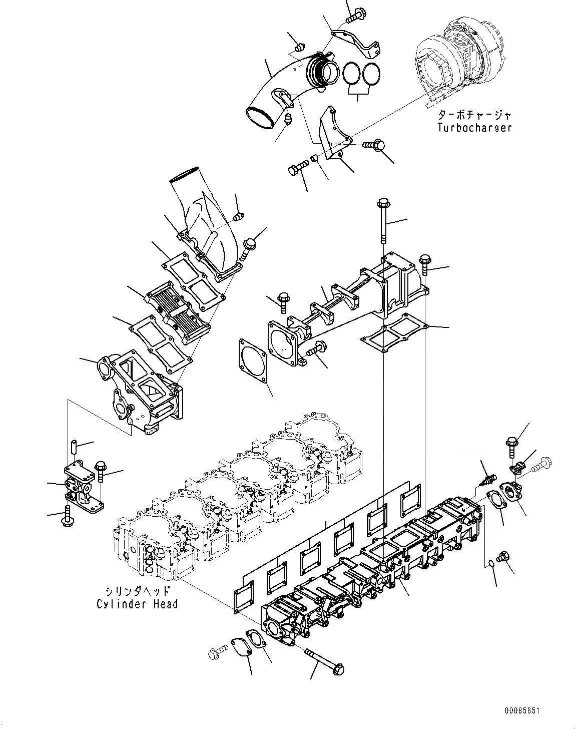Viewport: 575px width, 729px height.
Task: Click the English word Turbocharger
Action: click(x=474, y=127)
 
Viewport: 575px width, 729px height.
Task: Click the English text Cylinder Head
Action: click(x=137, y=604)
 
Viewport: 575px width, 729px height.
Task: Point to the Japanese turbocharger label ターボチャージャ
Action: click(x=474, y=115)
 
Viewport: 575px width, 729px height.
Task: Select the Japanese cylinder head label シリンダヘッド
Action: click(x=137, y=591)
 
